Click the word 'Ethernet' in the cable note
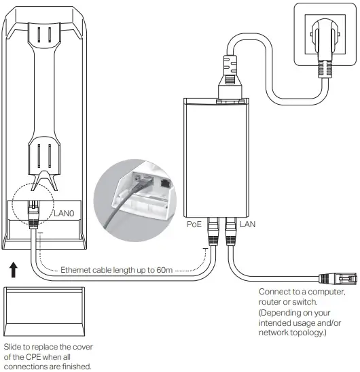point(77,270)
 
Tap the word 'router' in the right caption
point(272,304)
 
